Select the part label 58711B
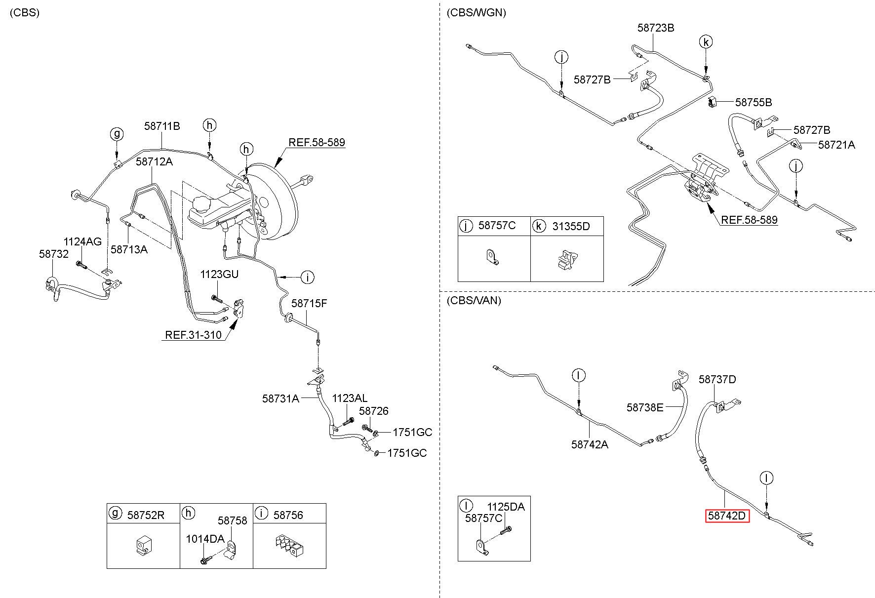point(162,126)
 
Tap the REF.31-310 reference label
point(193,335)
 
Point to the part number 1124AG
point(82,241)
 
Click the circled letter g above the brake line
point(117,134)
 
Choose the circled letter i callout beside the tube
point(307,277)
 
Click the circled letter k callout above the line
point(706,42)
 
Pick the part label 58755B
point(754,103)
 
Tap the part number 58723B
point(656,28)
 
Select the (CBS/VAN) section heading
point(474,300)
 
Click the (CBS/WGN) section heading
point(476,13)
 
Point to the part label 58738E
point(645,407)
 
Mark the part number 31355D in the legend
point(571,226)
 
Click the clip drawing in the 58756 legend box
point(289,545)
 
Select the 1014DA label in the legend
point(205,539)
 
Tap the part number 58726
point(374,411)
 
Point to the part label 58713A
point(129,249)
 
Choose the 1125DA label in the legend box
point(506,507)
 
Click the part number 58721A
point(836,145)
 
